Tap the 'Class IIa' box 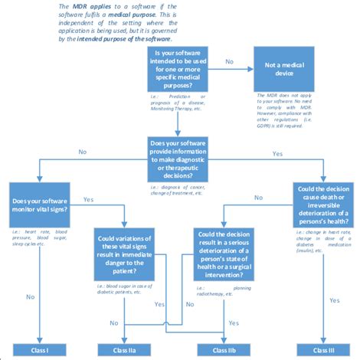[126, 349]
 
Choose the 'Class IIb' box [225, 349]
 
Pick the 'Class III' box [322, 349]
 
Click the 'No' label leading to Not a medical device [229, 60]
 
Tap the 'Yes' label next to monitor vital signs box [87, 199]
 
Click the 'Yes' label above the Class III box [334, 300]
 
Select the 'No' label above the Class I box [31, 296]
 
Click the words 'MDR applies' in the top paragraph [86, 6]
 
